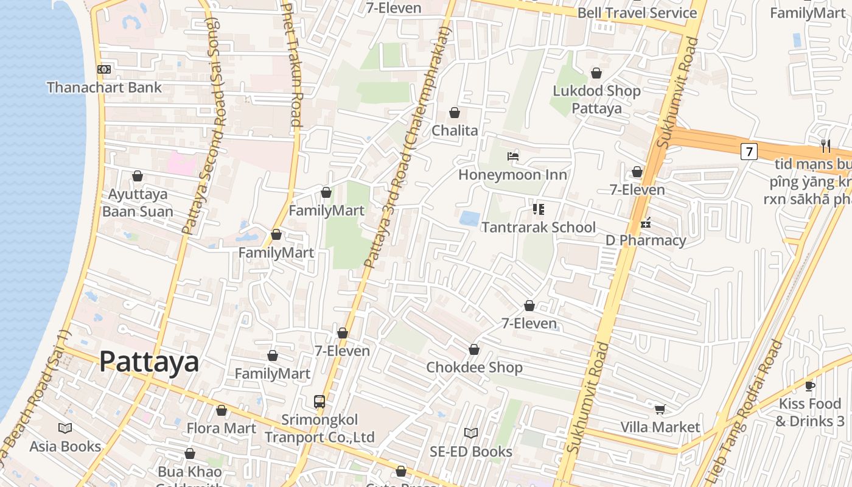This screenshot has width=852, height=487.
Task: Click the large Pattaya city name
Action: click(x=149, y=362)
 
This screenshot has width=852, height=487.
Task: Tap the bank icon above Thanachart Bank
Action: click(x=104, y=69)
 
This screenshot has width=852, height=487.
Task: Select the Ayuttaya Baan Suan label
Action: click(x=138, y=203)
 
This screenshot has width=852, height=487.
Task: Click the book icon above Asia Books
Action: click(x=65, y=428)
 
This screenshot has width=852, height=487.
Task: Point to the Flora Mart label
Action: click(x=222, y=428)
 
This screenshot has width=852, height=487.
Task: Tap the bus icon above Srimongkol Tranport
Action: click(x=319, y=402)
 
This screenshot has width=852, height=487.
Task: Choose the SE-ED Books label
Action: click(x=471, y=452)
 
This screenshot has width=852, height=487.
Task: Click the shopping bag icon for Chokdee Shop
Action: click(x=474, y=349)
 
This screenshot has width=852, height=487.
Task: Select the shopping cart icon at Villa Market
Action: click(x=660, y=408)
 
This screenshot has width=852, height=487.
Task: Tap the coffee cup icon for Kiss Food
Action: click(x=810, y=386)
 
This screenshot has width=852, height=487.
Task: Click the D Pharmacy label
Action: click(x=646, y=240)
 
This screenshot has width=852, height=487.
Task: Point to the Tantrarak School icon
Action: click(x=538, y=209)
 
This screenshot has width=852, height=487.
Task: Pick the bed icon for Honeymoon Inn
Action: click(x=513, y=156)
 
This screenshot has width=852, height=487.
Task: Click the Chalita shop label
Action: click(x=455, y=131)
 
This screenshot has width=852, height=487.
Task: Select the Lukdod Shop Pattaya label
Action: click(x=596, y=100)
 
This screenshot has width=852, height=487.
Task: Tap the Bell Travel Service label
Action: click(x=637, y=13)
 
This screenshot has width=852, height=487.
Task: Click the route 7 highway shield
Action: click(x=749, y=151)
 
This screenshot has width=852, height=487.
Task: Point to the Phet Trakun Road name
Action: click(x=293, y=64)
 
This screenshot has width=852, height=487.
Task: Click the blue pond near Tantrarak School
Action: click(x=469, y=219)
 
